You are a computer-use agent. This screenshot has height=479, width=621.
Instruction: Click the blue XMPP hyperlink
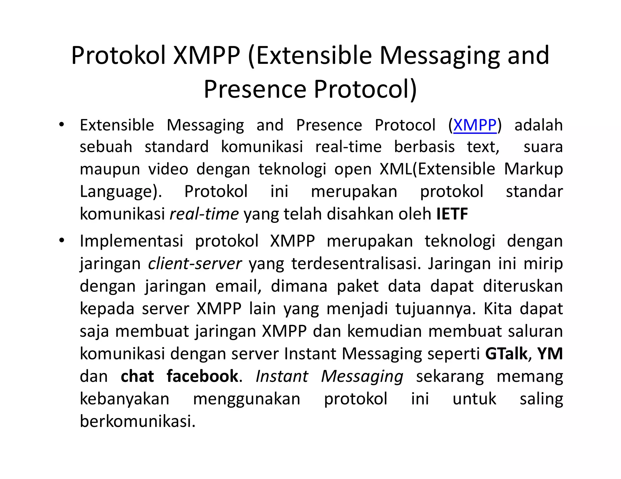coord(475,125)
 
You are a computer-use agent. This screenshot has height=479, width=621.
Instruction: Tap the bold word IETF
coord(452,214)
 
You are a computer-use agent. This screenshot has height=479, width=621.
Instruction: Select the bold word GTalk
coord(506,354)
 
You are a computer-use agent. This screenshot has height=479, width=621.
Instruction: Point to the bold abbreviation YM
coord(550,354)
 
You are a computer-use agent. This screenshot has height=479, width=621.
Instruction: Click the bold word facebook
coord(202,376)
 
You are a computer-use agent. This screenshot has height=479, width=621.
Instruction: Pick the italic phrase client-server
coord(195,263)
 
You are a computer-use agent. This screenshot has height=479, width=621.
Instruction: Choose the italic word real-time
coord(204,214)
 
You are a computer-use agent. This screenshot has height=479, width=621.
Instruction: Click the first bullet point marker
coord(62,125)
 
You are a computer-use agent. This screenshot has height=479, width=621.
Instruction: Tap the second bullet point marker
coord(62,241)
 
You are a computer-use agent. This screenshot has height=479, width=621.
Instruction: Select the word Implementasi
coord(131,241)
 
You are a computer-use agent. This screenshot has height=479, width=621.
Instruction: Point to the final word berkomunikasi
coord(138,421)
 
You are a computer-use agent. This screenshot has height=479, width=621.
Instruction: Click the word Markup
coord(533,169)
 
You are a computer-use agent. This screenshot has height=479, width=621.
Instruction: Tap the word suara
coord(543,147)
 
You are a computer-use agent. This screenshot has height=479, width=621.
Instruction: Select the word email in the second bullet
coord(238,286)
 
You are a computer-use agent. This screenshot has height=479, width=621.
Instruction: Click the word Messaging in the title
coord(439,55)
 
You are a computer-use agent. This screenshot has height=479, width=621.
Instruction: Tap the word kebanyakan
coord(124,399)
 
